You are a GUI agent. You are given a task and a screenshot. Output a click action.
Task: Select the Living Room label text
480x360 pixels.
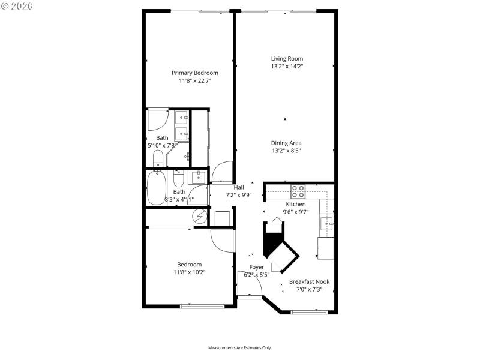point(286,58)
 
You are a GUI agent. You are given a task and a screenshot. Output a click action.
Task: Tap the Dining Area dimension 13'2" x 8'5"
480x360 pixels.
point(286,151)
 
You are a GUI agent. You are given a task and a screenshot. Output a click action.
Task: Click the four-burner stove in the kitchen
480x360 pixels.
point(298,191)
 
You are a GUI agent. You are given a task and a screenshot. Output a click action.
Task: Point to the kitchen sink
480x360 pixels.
point(327,223)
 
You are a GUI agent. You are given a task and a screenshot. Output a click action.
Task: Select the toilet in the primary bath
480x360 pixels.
point(158,158)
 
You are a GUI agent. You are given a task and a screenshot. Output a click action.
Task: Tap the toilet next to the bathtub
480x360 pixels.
point(178,180)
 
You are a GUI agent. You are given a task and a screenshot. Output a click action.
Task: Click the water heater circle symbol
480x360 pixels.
point(199,217)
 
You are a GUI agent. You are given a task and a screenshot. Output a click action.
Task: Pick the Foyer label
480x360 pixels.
point(256,267)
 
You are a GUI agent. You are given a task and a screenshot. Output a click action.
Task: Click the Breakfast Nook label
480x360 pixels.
point(309,281)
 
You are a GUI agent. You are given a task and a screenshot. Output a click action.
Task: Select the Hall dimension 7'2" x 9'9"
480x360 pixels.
point(238,194)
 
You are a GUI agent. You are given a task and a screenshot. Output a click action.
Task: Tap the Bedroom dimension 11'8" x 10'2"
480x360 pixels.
point(188,272)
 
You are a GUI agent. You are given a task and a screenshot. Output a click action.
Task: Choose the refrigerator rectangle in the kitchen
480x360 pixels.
point(326,248)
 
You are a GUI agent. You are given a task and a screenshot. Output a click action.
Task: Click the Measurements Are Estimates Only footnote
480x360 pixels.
point(240,348)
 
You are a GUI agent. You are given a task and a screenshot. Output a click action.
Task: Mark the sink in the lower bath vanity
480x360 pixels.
point(197,176)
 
